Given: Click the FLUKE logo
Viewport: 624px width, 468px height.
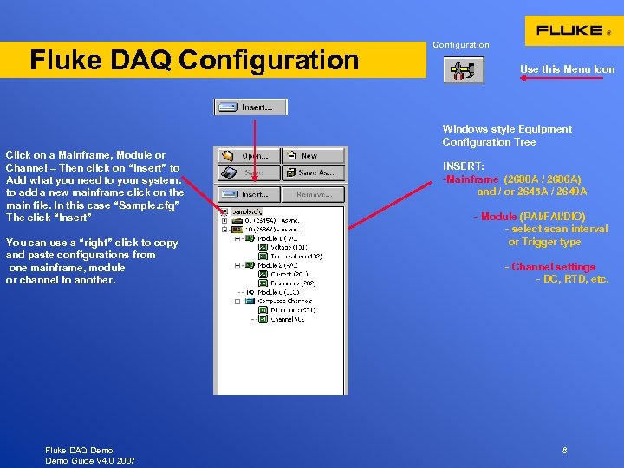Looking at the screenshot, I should coord(569,30).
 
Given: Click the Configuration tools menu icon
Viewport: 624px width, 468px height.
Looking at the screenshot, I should coord(464,69).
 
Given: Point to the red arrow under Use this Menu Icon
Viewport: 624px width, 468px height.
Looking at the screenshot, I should coord(561,78).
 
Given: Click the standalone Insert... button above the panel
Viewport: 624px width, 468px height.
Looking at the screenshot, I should coord(250,107).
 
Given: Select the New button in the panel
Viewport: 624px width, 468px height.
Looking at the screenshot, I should coord(312,156).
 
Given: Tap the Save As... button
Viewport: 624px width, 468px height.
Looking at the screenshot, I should coord(312,173).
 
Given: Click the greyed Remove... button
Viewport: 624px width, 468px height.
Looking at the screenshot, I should coord(312,195).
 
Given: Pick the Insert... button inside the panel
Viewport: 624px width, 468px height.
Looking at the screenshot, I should coord(248,195).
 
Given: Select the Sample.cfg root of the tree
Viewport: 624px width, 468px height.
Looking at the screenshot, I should coord(247,211).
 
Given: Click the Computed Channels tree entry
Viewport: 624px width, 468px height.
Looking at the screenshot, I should coord(289,301).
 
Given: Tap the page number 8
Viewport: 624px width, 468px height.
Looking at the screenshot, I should coord(564,451).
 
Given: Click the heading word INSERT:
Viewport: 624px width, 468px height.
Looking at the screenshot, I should coord(464,166).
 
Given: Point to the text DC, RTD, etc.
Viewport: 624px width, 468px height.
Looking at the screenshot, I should coord(575,279).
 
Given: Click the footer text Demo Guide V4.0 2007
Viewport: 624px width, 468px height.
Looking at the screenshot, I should coord(90,460).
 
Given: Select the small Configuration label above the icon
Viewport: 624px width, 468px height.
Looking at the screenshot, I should coord(461,45).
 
